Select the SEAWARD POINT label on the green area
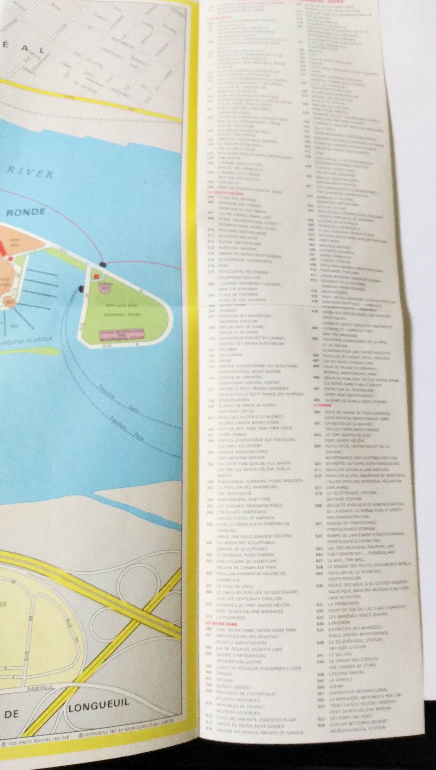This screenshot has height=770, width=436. click(127, 314)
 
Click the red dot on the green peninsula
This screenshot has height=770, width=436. click(96, 276)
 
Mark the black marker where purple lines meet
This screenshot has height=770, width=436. click(103, 264)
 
